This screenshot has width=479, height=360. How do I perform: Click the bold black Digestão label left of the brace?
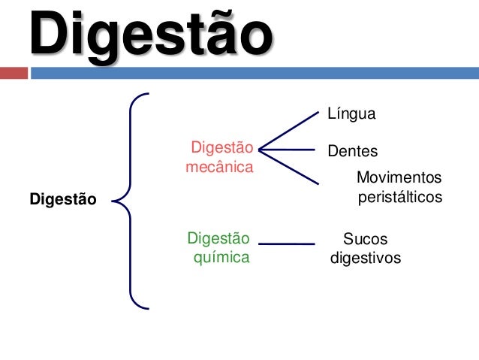coord(63,200)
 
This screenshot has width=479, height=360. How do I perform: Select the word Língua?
coord(351,114)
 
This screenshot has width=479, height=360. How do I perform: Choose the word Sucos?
coord(366,240)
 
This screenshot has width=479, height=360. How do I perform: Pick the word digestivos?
coord(366,259)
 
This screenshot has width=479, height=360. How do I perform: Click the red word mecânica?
coord(219,167)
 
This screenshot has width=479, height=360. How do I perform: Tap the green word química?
coord(222,259)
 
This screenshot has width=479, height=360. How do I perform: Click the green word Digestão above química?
coord(218,239)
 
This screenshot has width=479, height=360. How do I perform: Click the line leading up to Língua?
coord(289,130)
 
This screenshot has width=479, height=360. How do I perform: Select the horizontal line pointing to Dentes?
coord(289,150)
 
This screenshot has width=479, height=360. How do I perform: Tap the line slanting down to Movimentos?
coord(289,167)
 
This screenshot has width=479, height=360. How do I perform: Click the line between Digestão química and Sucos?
coord(286,244)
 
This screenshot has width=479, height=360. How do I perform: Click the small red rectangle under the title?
coord(13,74)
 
